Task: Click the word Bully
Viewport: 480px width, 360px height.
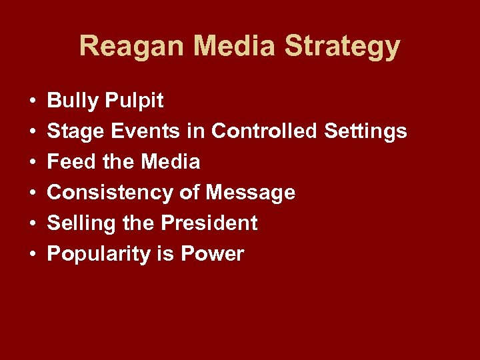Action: [x=72, y=101]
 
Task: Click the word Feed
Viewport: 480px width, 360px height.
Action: [x=70, y=162]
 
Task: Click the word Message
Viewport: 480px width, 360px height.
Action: [x=251, y=193]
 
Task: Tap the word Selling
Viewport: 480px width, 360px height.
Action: [x=79, y=224]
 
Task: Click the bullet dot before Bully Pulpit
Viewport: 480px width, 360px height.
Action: [x=32, y=102]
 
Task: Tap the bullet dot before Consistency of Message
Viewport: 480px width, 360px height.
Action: [x=32, y=193]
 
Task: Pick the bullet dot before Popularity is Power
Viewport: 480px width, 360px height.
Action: [x=32, y=255]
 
